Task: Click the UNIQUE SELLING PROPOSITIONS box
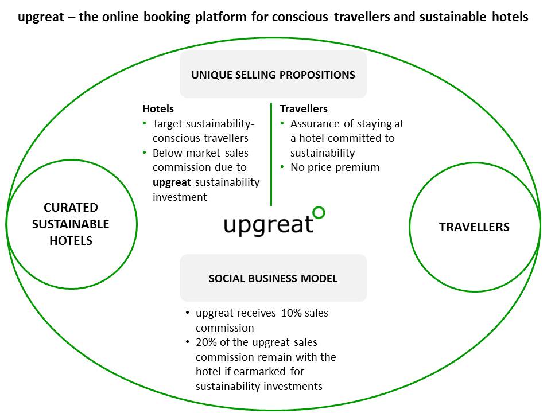pos(273,75)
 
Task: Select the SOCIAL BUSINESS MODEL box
pos(273,279)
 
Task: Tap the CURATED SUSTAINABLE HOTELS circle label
pos(71,224)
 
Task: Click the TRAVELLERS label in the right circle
pos(474,227)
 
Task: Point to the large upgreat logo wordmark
pos(269,225)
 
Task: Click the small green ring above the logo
pos(318,213)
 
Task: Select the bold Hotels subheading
pos(158,108)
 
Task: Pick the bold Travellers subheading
pos(304,108)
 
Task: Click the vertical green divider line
pos(271,154)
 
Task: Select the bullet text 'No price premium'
pos(335,167)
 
